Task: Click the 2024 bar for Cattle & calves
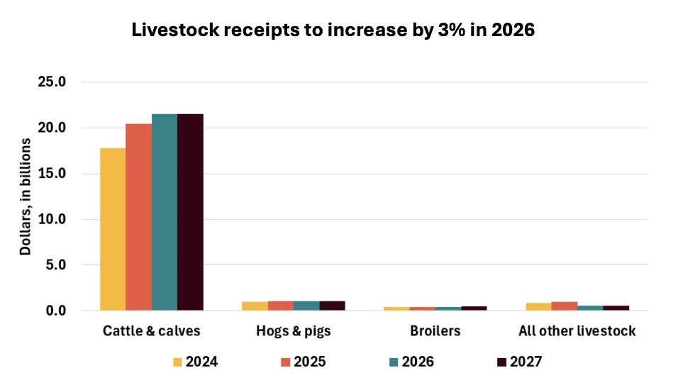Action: [x=113, y=229]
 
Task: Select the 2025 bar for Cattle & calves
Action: [x=139, y=217]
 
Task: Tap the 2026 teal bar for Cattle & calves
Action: [x=165, y=212]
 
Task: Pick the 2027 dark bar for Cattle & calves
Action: [x=190, y=212]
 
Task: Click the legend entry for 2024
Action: [x=195, y=362]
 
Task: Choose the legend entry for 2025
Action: [x=304, y=362]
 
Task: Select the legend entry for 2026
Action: [x=411, y=362]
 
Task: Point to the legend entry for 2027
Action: [x=519, y=362]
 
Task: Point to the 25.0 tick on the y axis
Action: [x=51, y=82]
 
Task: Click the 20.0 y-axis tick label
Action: [x=51, y=128]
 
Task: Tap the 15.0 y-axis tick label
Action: [x=51, y=174]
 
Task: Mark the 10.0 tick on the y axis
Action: [x=51, y=220]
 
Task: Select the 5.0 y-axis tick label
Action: [x=55, y=265]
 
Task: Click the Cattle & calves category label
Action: [x=152, y=331]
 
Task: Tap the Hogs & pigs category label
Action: [x=294, y=331]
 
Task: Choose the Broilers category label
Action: [x=435, y=331]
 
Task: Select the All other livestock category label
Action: [x=577, y=331]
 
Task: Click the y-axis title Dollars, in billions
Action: [x=25, y=196]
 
